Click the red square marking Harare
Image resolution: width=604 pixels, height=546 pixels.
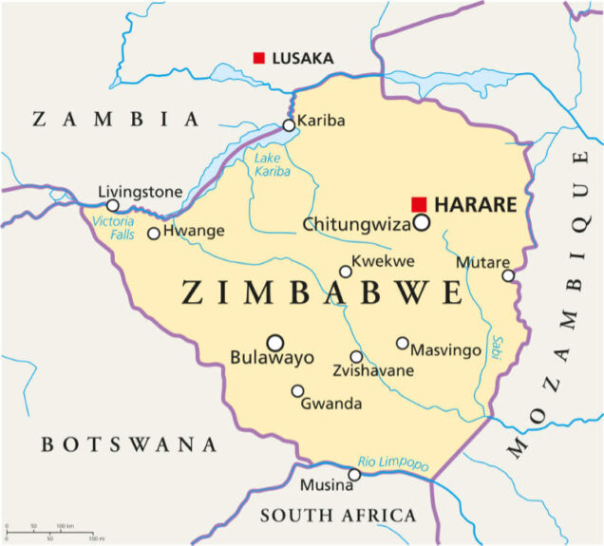coord(419,204)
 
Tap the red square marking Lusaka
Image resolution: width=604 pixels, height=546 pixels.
coord(258,58)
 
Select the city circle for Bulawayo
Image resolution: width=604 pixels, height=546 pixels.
coord(275,342)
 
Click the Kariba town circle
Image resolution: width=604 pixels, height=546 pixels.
coord(289,124)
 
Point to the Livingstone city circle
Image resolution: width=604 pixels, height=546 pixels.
coord(113,205)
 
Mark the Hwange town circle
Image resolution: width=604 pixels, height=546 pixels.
coord(154,233)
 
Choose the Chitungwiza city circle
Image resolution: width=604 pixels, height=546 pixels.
coord(421,223)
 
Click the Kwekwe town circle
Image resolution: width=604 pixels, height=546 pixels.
coord(346,272)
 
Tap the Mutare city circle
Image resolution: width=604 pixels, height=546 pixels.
coord(508,275)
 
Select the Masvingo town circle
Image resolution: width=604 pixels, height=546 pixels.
coord(403,343)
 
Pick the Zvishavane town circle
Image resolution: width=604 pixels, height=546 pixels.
coord(356,357)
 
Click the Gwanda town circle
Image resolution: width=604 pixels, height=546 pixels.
coord(297,390)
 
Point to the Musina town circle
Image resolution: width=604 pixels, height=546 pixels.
coord(354,474)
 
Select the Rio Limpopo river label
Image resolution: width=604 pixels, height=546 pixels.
coord(393,462)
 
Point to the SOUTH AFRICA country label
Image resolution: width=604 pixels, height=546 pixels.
coord(338,516)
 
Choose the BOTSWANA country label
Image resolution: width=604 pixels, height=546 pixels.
coord(129,443)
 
